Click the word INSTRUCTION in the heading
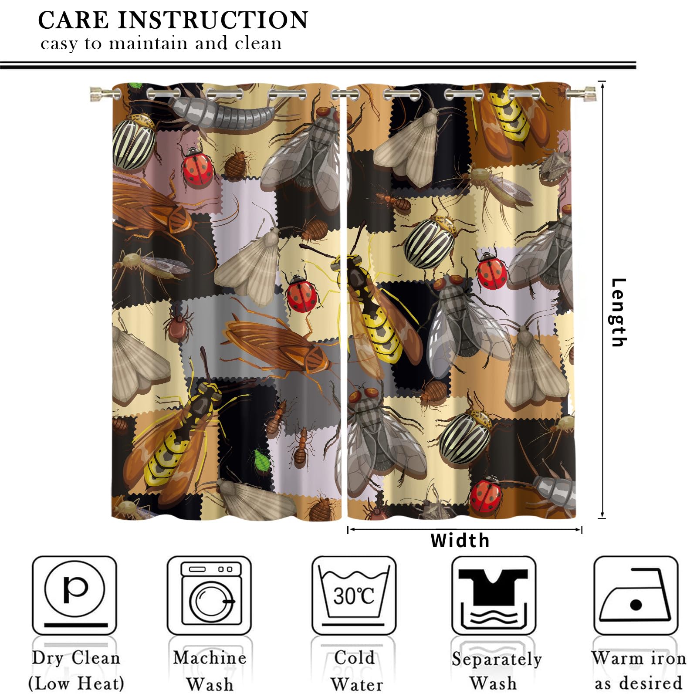click(213, 20)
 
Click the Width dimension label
click(460, 541)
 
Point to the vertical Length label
click(618, 312)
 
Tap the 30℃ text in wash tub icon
click(353, 595)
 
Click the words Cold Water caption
click(355, 671)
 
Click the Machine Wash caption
click(210, 671)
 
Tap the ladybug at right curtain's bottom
click(486, 496)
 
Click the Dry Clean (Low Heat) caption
click(76, 671)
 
